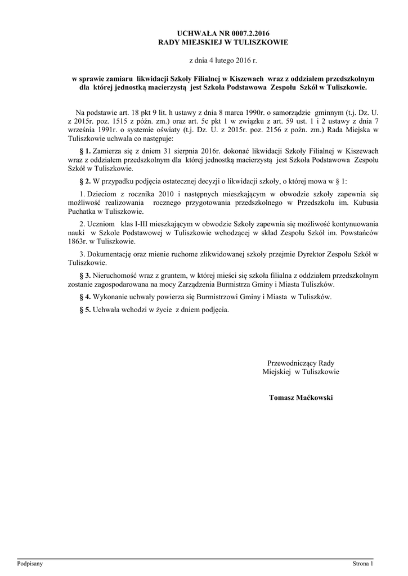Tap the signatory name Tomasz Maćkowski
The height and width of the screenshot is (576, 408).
[x=301, y=398]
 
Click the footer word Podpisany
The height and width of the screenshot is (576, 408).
[x=30, y=563]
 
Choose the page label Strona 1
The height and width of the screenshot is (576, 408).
[x=363, y=563]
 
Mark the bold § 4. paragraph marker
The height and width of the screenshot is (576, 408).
[x=84, y=296]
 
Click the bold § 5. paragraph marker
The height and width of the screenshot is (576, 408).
[x=84, y=309]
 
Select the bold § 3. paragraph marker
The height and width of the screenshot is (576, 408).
[x=84, y=276]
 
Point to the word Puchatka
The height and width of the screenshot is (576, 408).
[x=82, y=211]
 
